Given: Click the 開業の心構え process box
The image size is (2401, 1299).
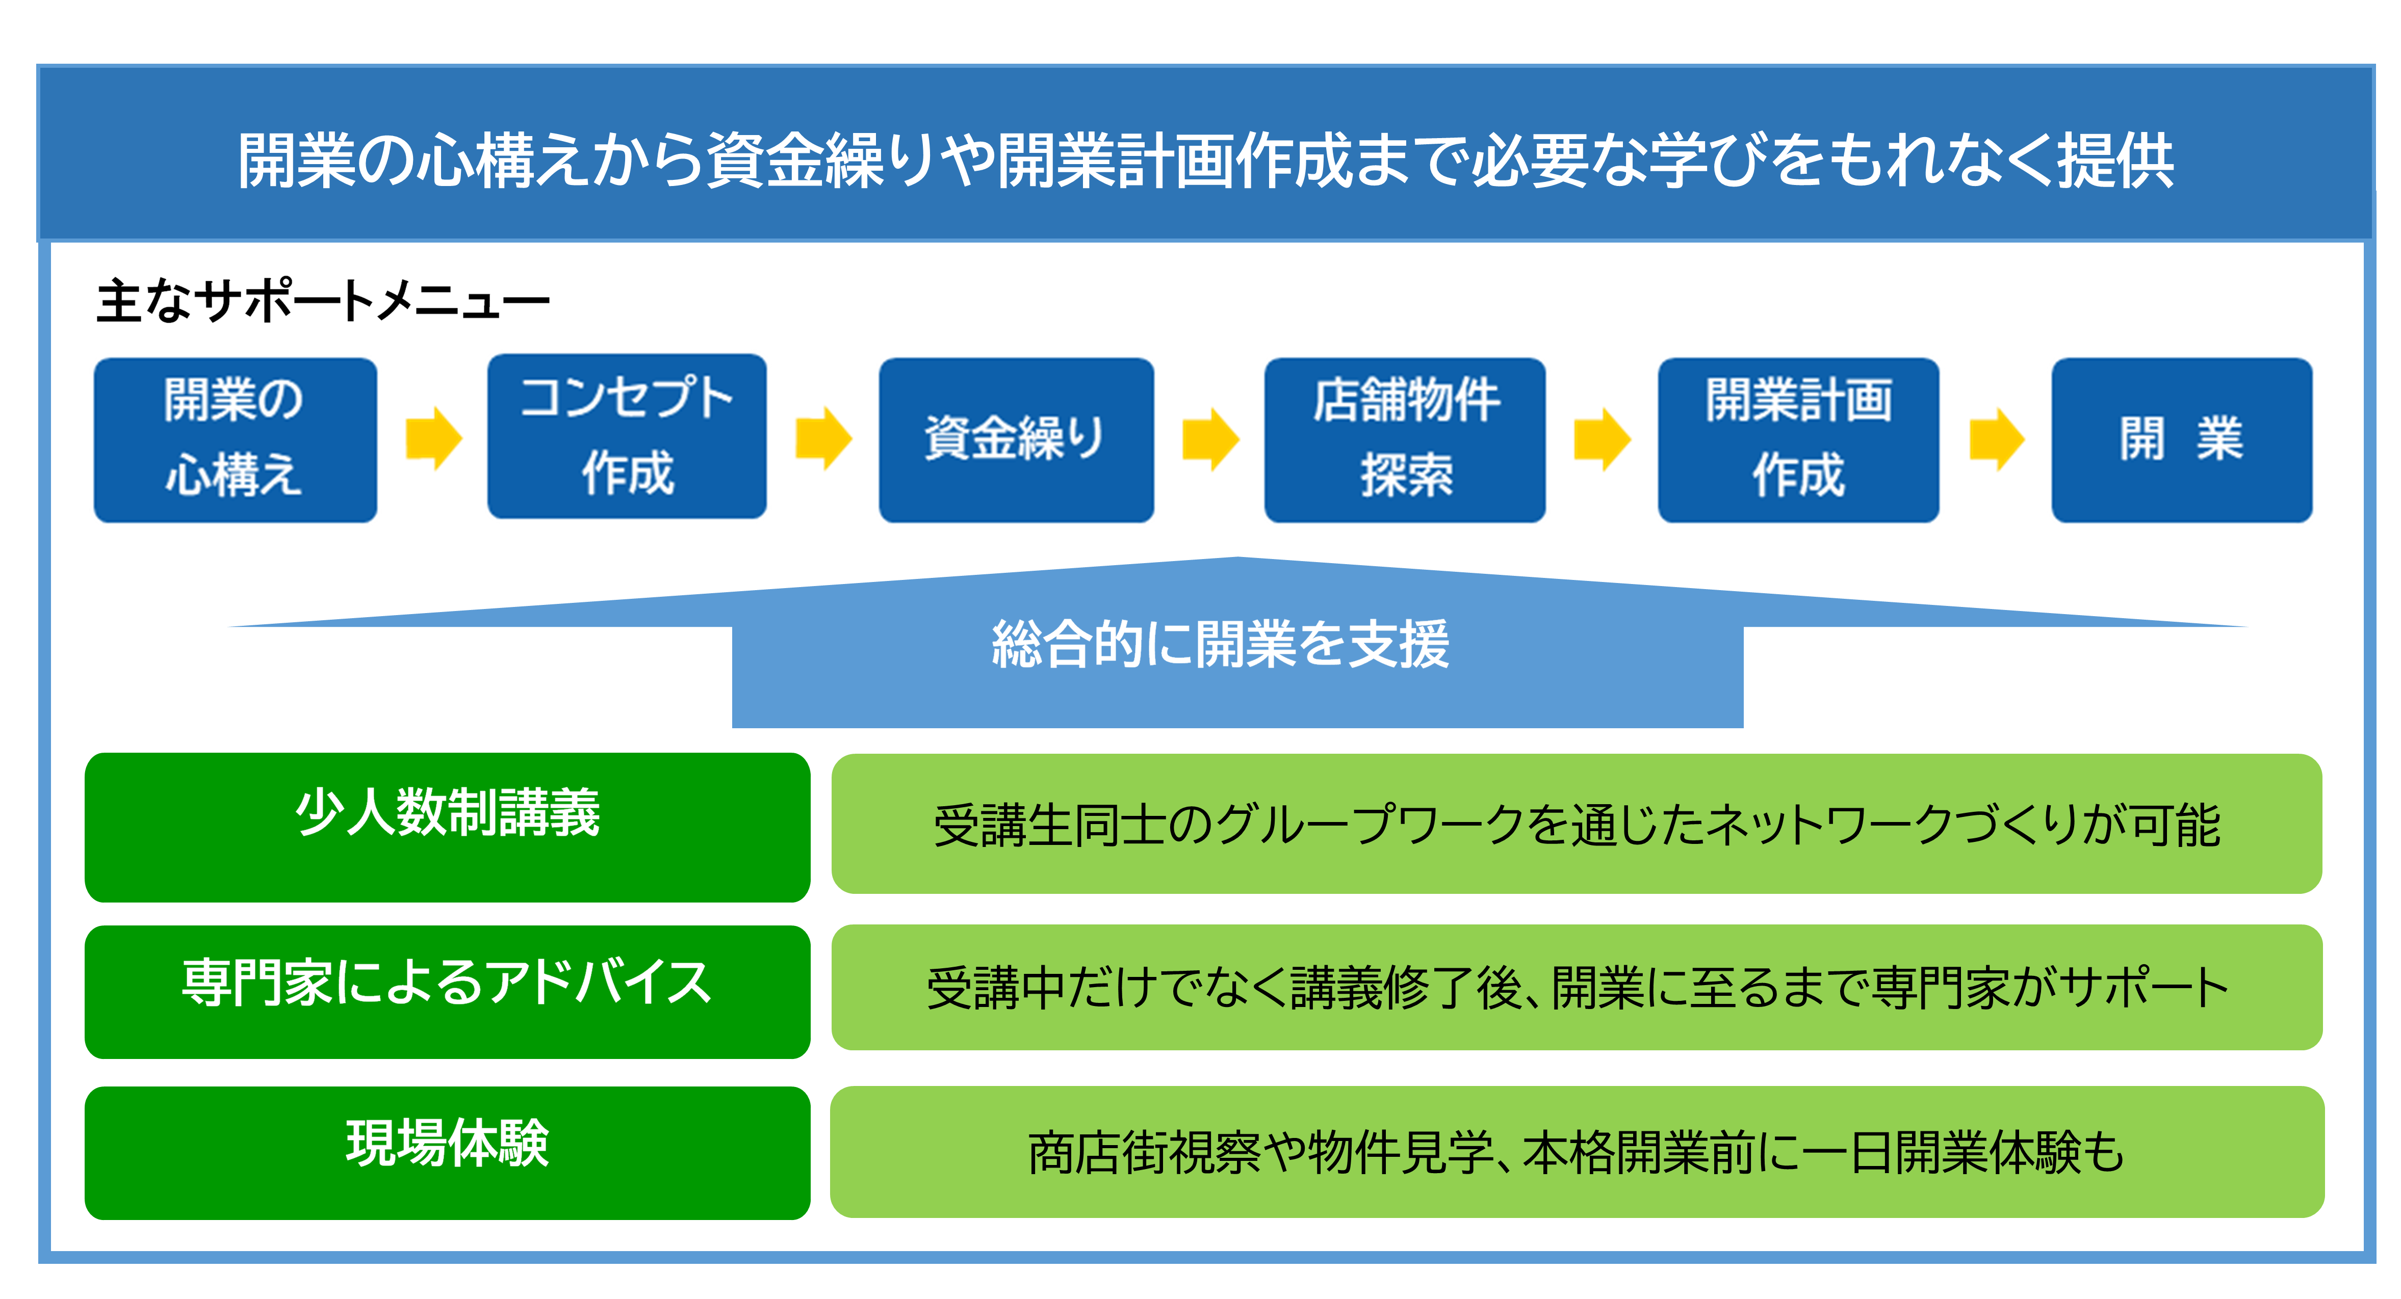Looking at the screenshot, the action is pos(235,440).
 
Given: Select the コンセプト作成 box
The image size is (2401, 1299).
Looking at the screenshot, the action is pos(626,436).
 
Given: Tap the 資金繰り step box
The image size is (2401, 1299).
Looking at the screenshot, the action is pos(1016,440).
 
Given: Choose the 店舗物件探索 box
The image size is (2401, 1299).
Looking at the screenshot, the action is pos(1405,440).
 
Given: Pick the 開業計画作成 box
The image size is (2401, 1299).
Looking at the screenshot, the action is pos(1798,440).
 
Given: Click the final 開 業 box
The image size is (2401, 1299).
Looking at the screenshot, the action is pos(2182,440).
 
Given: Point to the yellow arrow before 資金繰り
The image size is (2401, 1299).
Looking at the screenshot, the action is pos(824,438).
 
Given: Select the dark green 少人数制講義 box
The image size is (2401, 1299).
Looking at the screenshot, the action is pos(447,828).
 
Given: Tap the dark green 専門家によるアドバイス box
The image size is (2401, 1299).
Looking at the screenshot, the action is pos(447,992).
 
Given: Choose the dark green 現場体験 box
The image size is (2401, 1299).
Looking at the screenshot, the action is pos(447,1153).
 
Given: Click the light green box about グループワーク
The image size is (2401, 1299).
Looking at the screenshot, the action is pos(1576,824).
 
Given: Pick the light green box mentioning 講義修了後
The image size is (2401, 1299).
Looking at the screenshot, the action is pos(1576,988).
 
